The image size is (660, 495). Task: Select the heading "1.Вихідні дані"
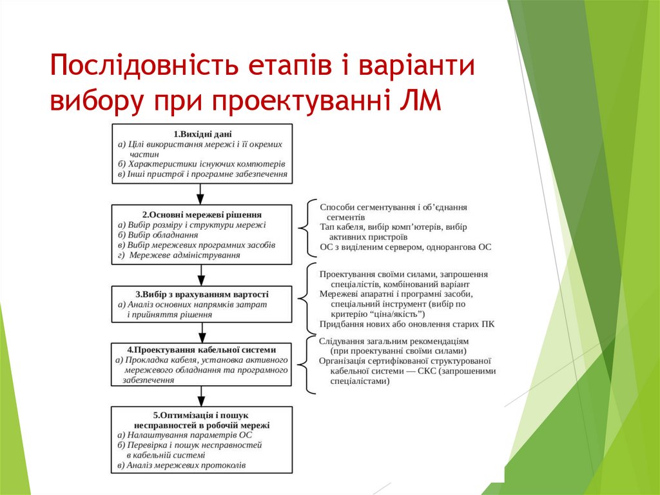click(202, 134)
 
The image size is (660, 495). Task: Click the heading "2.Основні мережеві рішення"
click(202, 214)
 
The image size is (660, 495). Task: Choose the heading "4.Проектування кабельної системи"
click(202, 349)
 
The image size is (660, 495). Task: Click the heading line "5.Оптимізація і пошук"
click(202, 415)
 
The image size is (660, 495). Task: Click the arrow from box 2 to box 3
click(201, 274)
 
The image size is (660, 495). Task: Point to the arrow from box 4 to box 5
click(201, 395)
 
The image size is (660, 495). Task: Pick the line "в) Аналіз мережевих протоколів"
click(181, 465)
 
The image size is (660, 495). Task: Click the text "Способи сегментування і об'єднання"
click(393, 207)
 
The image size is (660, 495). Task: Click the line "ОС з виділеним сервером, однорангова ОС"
click(405, 247)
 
